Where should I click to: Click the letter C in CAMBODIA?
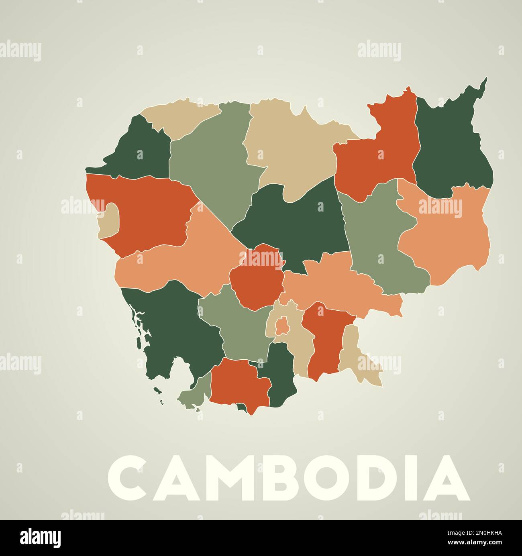click(x=128, y=478)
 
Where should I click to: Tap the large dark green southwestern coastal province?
click(x=177, y=329)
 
